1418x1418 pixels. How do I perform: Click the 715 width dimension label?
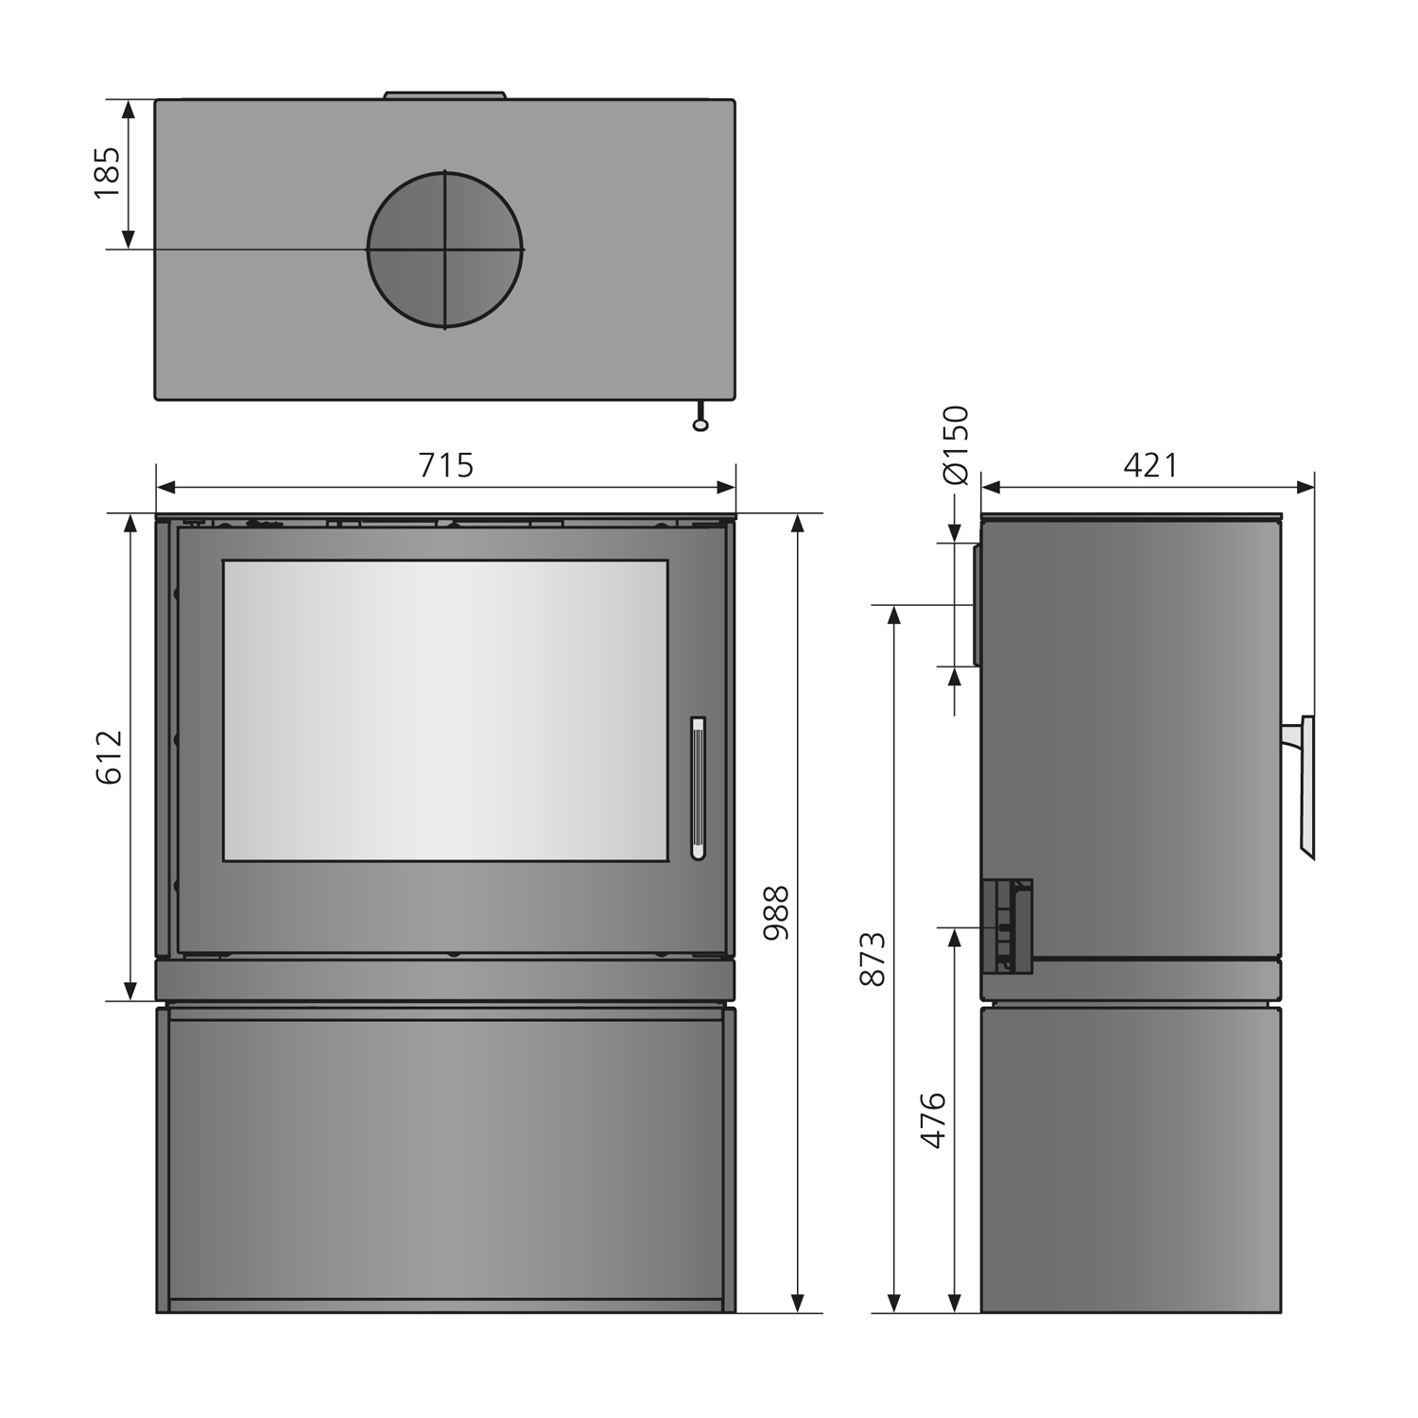click(445, 465)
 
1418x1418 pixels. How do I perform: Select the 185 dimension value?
click(107, 172)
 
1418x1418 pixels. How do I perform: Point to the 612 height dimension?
click(109, 757)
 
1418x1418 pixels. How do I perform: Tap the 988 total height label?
click(776, 913)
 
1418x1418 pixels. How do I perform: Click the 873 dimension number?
click(873, 959)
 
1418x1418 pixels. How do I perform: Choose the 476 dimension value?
click(933, 1120)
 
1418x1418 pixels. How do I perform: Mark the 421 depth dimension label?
click(1150, 465)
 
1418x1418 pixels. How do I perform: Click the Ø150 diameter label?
click(957, 444)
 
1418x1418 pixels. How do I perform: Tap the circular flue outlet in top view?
click(444, 250)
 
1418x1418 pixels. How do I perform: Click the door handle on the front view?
click(698, 787)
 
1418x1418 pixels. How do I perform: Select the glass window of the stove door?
click(445, 710)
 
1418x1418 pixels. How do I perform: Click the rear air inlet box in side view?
click(1008, 926)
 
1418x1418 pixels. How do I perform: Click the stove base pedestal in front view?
click(445, 1159)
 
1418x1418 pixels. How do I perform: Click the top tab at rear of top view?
click(445, 95)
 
